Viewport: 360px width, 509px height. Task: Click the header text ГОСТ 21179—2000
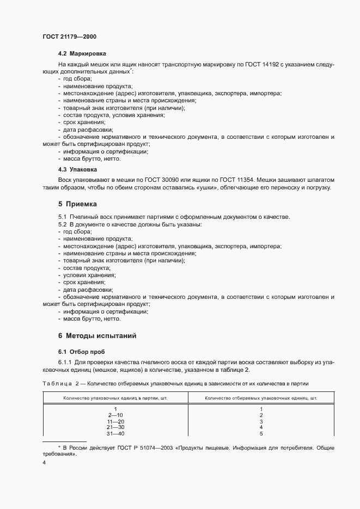pos(70,36)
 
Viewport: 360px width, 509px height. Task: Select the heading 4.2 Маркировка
pos(82,53)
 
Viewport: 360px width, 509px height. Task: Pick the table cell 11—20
pos(116,421)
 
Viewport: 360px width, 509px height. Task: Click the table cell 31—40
pos(116,433)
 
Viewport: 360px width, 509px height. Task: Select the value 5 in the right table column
pos(261,433)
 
